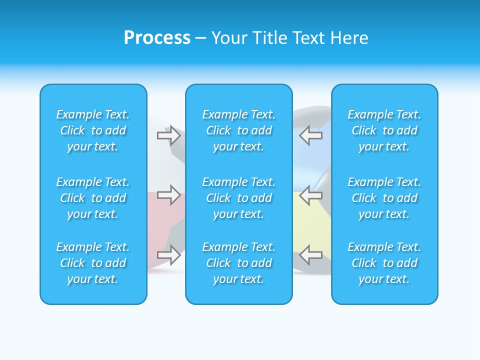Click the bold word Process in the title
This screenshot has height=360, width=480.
(157, 38)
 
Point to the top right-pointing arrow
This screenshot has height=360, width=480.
(168, 135)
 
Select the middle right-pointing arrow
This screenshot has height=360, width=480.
(168, 194)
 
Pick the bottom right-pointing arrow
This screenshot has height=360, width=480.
(168, 254)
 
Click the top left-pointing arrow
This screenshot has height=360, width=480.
(310, 135)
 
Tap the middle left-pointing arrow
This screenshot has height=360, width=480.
(310, 194)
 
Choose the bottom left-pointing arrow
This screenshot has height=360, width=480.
(310, 254)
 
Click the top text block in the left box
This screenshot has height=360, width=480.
(93, 130)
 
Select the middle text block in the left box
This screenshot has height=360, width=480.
(93, 198)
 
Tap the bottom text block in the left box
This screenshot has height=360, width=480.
(93, 263)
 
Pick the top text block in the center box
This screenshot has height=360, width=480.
(239, 130)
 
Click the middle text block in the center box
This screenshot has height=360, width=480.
(239, 198)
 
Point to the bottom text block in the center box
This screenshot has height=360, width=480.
(239, 263)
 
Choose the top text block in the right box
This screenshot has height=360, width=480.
(384, 130)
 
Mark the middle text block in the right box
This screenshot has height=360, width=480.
(384, 198)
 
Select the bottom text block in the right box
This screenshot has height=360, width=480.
(384, 263)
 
